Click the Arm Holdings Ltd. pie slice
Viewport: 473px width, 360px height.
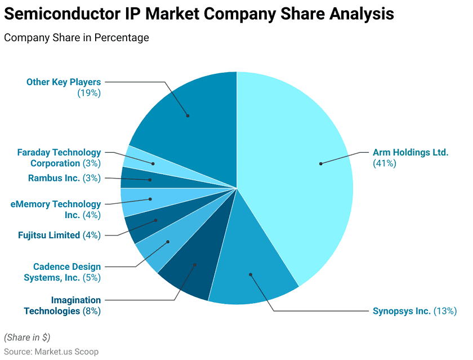tap(304, 169)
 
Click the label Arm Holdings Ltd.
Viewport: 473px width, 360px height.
tap(410, 152)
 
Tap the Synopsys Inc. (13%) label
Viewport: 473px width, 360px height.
tap(414, 311)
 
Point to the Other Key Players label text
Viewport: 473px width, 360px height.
tap(64, 82)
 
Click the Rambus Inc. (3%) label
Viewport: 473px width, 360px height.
tap(64, 179)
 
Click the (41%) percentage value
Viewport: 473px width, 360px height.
tap(385, 163)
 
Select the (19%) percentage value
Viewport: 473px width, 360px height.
tap(89, 93)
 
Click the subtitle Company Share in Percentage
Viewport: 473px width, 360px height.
tap(77, 38)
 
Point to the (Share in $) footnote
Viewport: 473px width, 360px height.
tap(27, 337)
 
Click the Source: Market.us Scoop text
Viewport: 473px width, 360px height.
tap(51, 351)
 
